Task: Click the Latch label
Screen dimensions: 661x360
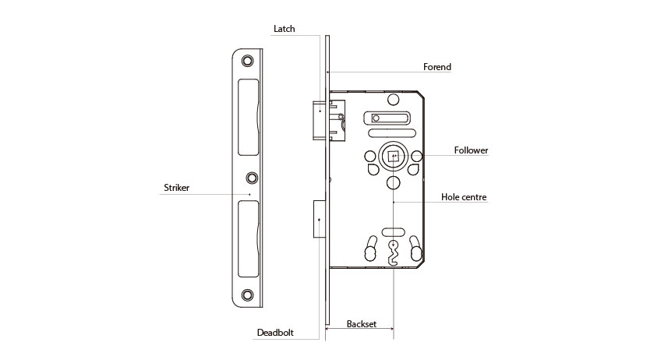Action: (285, 29)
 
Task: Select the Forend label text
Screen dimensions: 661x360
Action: (437, 66)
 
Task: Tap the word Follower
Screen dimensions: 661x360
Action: (471, 150)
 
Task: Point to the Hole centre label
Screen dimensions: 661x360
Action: (464, 197)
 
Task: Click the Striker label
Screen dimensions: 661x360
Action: (177, 188)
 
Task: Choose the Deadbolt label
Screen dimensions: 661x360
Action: (275, 332)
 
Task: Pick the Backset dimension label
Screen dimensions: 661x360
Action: (361, 323)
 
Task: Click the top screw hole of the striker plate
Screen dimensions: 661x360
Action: (247, 61)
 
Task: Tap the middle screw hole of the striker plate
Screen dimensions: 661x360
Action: (252, 178)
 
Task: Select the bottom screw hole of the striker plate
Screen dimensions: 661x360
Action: (247, 295)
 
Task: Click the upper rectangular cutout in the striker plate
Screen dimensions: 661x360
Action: (249, 117)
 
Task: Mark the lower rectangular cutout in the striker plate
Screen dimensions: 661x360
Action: (249, 239)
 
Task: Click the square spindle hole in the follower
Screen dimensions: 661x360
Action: (394, 157)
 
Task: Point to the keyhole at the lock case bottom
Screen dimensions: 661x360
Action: (394, 253)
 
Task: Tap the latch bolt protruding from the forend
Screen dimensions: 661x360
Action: (319, 120)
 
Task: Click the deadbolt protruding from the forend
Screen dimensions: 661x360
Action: (320, 219)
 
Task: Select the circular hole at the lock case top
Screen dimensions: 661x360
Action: (394, 100)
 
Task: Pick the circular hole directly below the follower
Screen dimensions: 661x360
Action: (394, 183)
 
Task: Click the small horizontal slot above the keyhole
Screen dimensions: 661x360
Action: (394, 232)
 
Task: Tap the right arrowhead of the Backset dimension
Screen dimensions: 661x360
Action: (391, 329)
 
